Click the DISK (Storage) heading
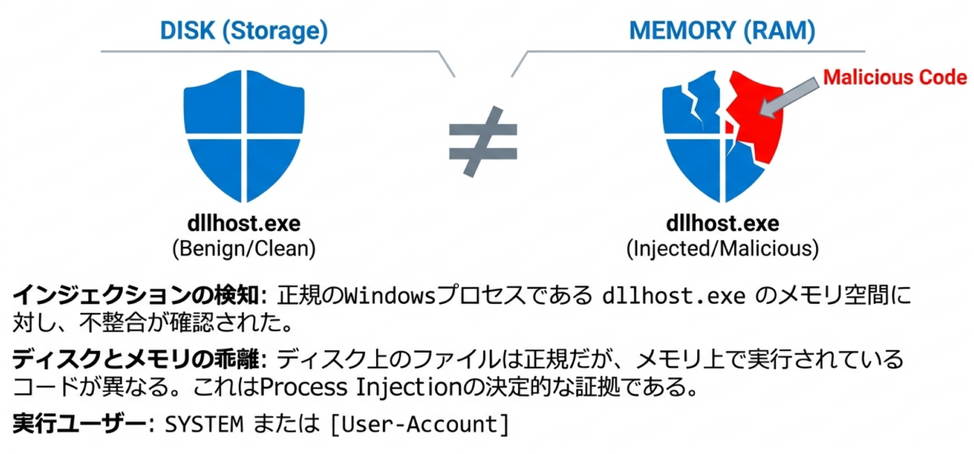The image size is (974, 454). point(244,31)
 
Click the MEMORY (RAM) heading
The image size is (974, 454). point(722,31)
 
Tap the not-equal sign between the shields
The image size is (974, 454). point(483,141)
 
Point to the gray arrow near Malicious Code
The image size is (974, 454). point(789,98)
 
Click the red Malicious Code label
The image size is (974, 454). point(895,77)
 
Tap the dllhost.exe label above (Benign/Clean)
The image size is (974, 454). point(244,223)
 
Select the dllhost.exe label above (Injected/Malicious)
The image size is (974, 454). point(722,223)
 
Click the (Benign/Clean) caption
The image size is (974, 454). point(244,249)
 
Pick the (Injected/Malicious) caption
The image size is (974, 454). point(722,249)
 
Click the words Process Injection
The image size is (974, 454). point(361,388)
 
